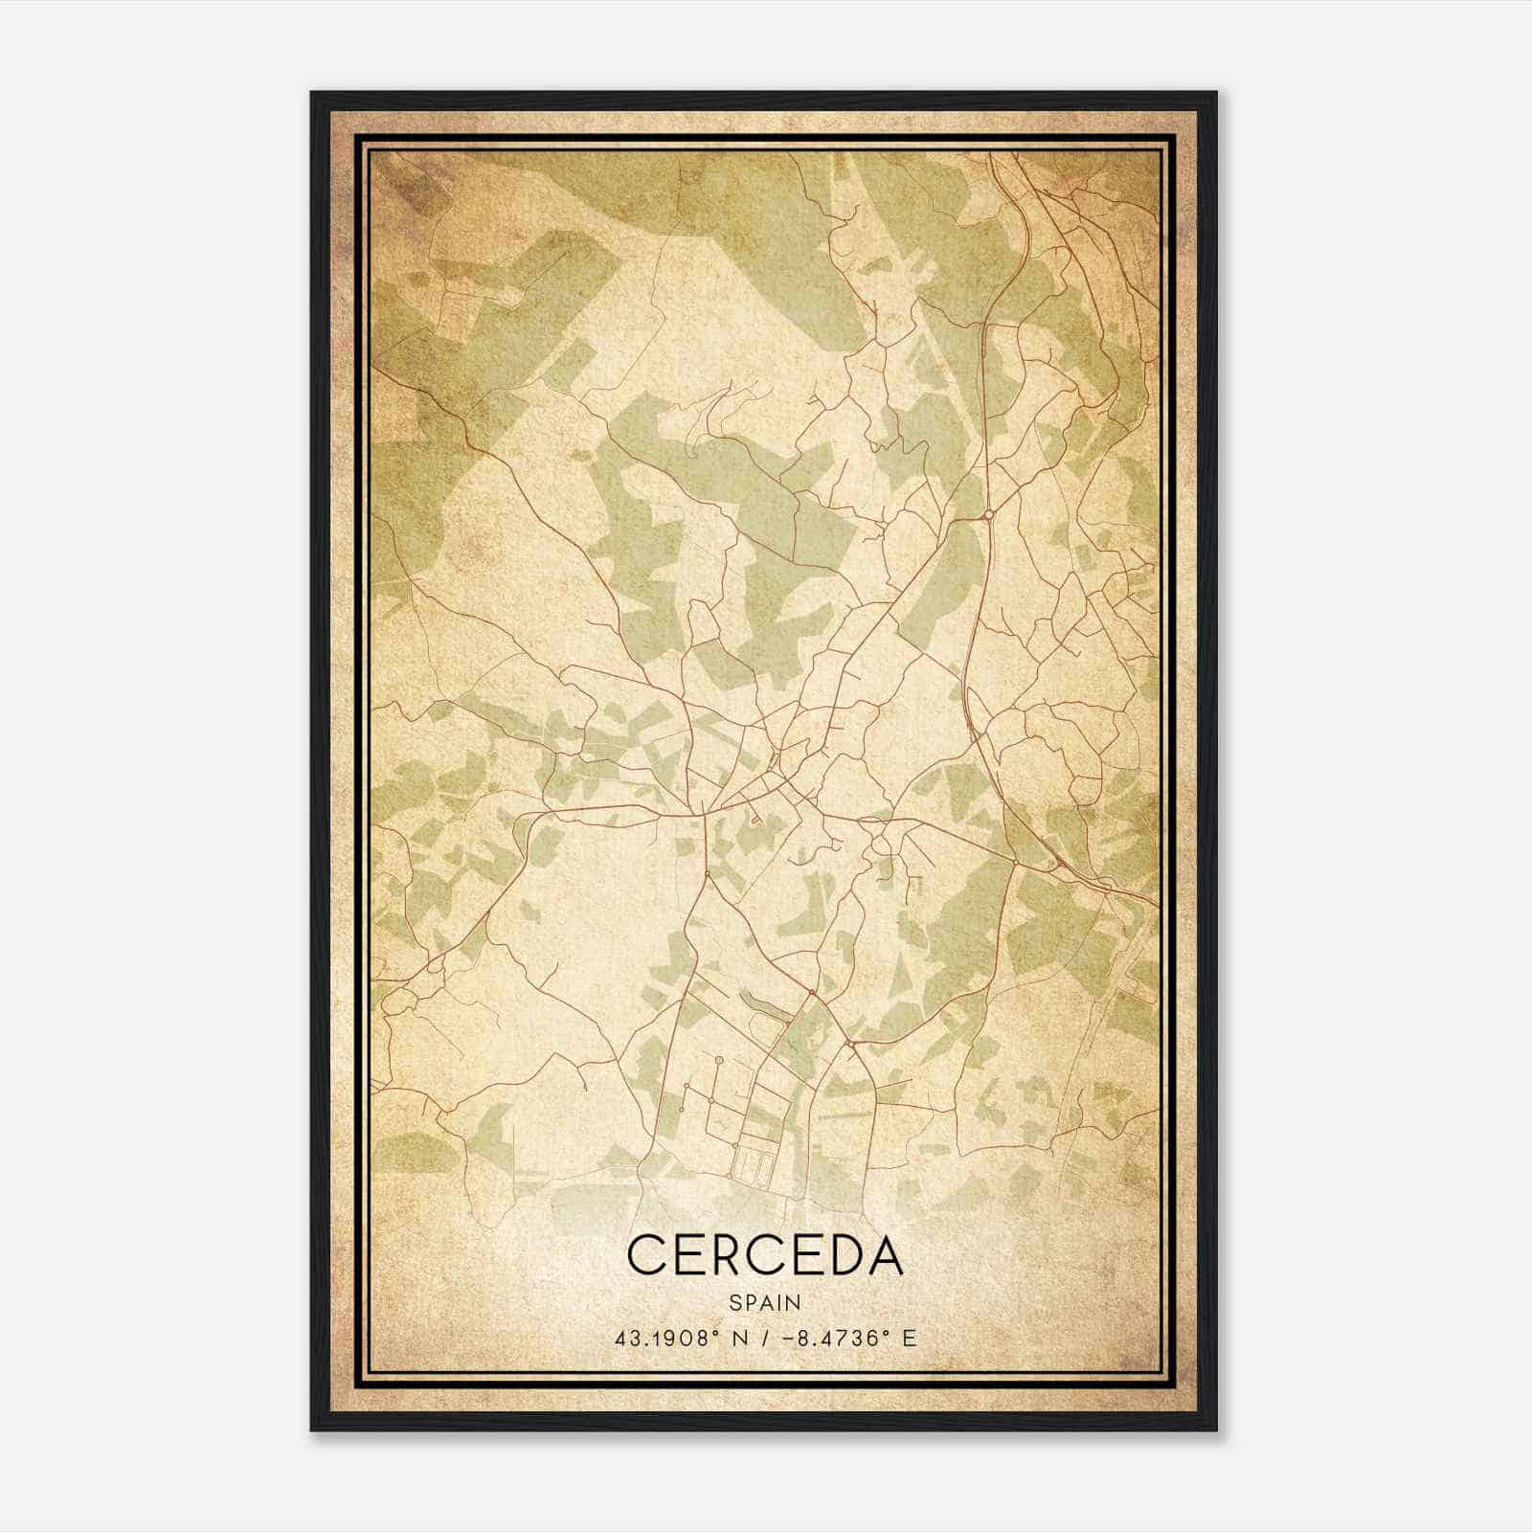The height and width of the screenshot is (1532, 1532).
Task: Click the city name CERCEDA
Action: click(x=765, y=1255)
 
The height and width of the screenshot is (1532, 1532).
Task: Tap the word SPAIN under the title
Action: click(x=765, y=1302)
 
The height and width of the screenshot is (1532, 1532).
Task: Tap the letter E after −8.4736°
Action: click(x=910, y=1338)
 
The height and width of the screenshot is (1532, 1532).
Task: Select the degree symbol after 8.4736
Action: click(x=887, y=1332)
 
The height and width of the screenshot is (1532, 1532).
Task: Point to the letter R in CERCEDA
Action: click(x=719, y=1255)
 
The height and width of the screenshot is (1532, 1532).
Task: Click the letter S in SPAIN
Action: click(x=734, y=1302)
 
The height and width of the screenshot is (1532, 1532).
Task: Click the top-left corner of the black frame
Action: click(x=312, y=93)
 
